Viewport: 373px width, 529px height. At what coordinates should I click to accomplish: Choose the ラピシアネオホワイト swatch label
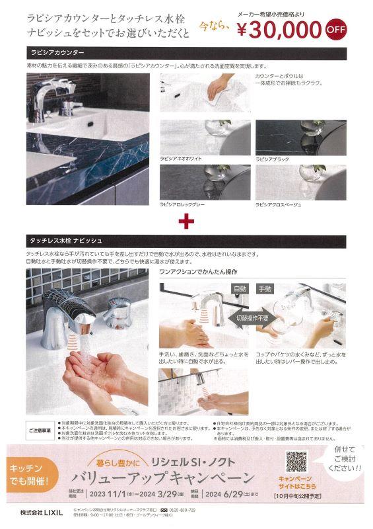[x=180, y=159]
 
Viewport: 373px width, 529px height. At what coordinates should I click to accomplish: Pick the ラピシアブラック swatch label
[x=272, y=159]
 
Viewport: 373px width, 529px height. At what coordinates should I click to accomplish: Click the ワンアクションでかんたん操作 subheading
[x=197, y=272]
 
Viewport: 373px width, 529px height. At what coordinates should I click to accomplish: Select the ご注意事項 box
[x=39, y=430]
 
